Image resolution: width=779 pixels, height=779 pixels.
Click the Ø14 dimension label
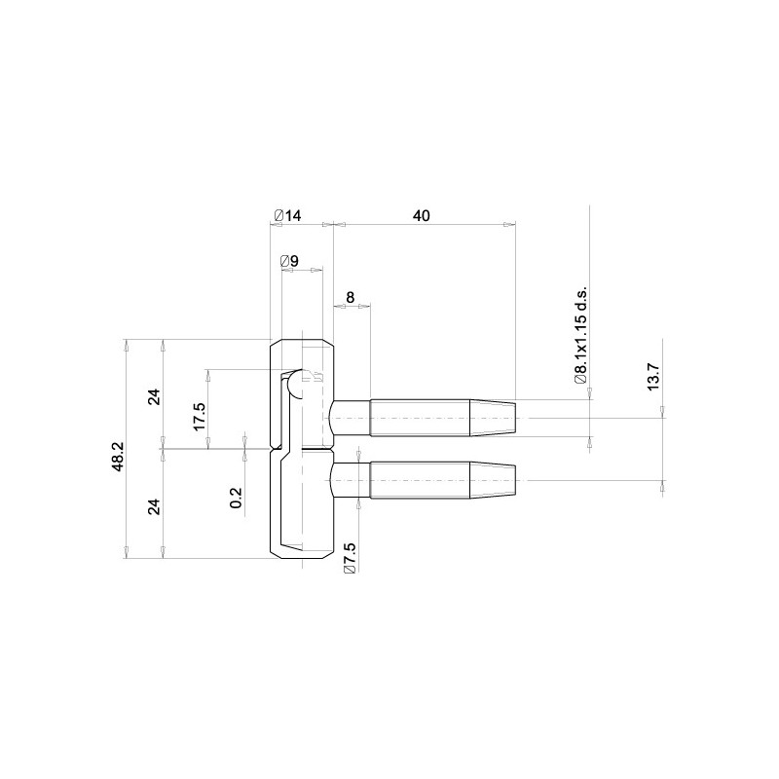(287, 215)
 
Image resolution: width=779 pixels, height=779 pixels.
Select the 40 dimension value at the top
(422, 215)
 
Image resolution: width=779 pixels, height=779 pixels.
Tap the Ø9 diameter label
(289, 261)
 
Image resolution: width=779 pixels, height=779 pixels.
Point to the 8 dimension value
(351, 297)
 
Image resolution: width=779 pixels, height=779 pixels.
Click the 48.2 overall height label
(118, 457)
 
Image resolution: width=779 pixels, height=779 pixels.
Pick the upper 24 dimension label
(155, 397)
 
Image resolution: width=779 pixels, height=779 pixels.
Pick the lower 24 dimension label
(155, 506)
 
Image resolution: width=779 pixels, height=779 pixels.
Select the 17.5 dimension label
(199, 417)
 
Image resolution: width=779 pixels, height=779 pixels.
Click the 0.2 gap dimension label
(236, 498)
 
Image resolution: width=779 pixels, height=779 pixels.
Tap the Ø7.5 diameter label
(350, 558)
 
